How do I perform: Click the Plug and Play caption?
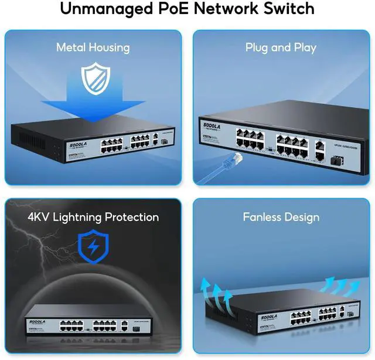[281, 47]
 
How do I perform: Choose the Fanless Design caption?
[281, 217]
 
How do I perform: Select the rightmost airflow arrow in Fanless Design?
[352, 287]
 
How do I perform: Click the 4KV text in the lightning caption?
[39, 217]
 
